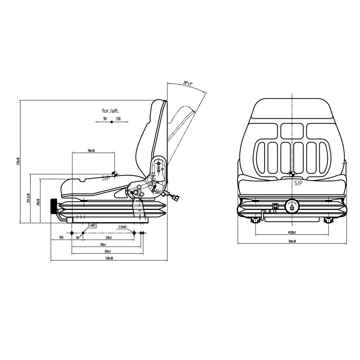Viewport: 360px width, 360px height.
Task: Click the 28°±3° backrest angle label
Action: pyautogui.click(x=188, y=83)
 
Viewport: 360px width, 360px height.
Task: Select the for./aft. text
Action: pyautogui.click(x=111, y=111)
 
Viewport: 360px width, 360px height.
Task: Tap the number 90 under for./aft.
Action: pyautogui.click(x=105, y=118)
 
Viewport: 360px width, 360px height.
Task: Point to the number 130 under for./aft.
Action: pyautogui.click(x=118, y=118)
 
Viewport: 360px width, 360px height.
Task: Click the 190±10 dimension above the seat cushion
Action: pyautogui.click(x=91, y=150)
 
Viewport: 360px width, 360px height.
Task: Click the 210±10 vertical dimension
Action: pyautogui.click(x=38, y=202)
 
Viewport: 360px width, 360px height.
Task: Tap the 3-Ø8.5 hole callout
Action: pyautogui.click(x=92, y=225)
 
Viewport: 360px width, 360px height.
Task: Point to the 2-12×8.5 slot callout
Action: pyautogui.click(x=123, y=227)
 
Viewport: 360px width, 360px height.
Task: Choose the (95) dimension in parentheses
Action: pyautogui.click(x=61, y=238)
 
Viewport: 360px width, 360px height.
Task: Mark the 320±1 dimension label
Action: pyautogui.click(x=107, y=251)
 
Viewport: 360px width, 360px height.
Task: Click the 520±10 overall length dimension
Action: pyautogui.click(x=109, y=258)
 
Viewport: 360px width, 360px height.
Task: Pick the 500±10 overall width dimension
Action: pyautogui.click(x=292, y=241)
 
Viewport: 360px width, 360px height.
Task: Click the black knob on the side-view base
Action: pyautogui.click(x=54, y=206)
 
